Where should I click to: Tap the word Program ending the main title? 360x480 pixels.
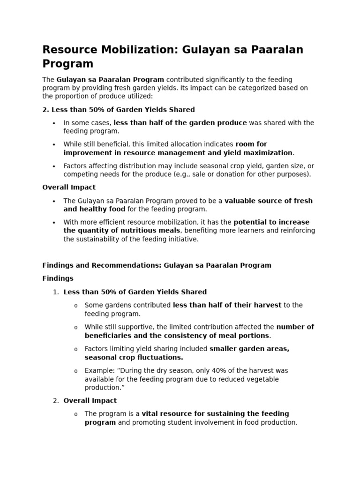click(68, 64)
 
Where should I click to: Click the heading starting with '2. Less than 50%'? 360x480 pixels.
click(119, 109)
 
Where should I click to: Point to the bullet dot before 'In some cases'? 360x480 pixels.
click(54, 123)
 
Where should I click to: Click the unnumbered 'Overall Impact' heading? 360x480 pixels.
click(69, 187)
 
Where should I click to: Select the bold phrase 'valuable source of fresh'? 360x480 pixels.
click(269, 201)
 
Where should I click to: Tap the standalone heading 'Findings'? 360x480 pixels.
click(58, 278)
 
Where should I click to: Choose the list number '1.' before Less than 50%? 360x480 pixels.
click(56, 292)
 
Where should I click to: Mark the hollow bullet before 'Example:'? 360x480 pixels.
click(75, 371)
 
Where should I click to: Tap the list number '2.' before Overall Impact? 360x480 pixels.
click(56, 400)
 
